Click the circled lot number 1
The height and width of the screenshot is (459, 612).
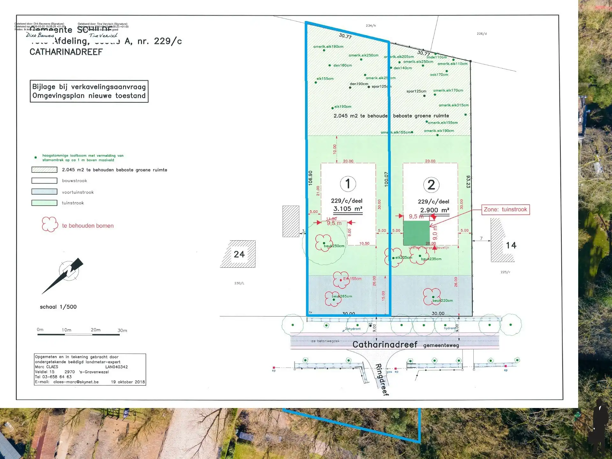pyautogui.click(x=348, y=184)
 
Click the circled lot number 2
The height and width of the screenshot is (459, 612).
pyautogui.click(x=431, y=185)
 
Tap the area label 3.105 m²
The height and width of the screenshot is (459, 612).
pyautogui.click(x=348, y=209)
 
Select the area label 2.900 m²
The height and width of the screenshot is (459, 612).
pyautogui.click(x=434, y=210)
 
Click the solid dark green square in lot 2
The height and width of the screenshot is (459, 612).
pyautogui.click(x=416, y=233)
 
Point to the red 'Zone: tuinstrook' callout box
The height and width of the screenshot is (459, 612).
pyautogui.click(x=505, y=209)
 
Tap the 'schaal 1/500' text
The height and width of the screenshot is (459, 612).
pyautogui.click(x=58, y=307)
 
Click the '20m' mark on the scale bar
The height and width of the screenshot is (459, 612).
pyautogui.click(x=96, y=330)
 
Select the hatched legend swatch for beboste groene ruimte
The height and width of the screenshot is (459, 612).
pyautogui.click(x=44, y=170)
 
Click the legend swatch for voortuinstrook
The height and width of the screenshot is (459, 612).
pyautogui.click(x=44, y=192)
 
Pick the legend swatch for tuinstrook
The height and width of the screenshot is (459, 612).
pyautogui.click(x=44, y=203)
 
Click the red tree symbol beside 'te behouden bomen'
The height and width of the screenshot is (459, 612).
pyautogui.click(x=50, y=224)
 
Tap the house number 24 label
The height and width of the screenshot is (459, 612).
pyautogui.click(x=239, y=254)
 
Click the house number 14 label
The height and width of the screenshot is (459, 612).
pyautogui.click(x=511, y=245)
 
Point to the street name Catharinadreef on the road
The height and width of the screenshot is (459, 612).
pyautogui.click(x=385, y=345)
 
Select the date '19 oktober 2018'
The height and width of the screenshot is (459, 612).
pyautogui.click(x=128, y=382)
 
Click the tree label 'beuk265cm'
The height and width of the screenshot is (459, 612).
pyautogui.click(x=342, y=296)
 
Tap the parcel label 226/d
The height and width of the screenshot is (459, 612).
pyautogui.click(x=482, y=33)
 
